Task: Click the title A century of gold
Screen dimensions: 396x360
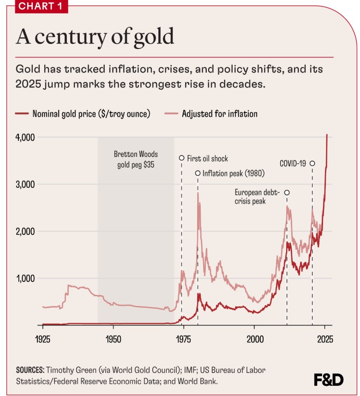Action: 95,36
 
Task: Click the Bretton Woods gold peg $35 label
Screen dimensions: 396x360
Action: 136,159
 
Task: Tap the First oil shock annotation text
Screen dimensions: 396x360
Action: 208,158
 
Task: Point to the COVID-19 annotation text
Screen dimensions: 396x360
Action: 293,163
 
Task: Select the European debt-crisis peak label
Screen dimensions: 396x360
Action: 258,197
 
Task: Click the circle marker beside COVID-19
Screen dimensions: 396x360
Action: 312,163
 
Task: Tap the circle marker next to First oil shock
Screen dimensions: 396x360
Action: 181,158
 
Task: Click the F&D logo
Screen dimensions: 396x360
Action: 328,379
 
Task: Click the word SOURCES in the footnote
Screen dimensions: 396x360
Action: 30,370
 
